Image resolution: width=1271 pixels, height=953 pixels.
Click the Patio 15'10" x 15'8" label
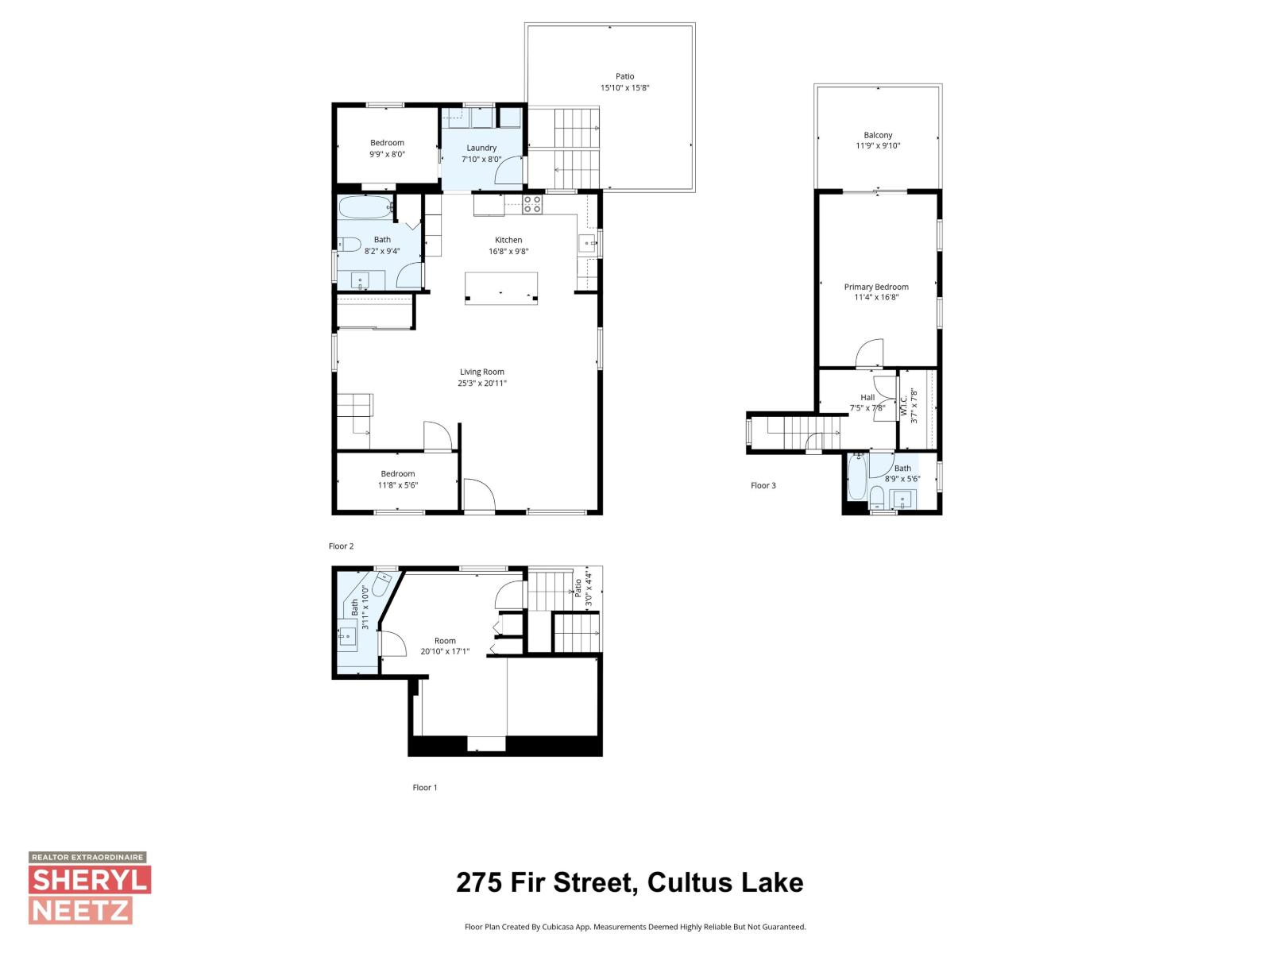click(625, 83)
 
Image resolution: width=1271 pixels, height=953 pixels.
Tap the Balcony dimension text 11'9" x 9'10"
click(878, 146)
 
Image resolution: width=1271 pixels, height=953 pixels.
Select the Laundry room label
click(481, 148)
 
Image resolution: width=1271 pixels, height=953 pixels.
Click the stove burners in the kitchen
click(532, 204)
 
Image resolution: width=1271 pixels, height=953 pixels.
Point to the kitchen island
click(501, 287)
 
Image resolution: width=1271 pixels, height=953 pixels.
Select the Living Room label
click(482, 372)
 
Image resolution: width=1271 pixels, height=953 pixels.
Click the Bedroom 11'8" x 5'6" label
click(397, 479)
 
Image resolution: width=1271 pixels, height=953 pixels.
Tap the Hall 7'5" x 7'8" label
click(867, 403)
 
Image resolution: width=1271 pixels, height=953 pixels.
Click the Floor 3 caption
click(763, 485)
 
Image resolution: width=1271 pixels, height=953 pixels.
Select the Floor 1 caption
click(424, 788)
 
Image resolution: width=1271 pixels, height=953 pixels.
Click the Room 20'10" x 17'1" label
click(445, 646)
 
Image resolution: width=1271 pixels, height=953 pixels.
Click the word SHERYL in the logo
click(90, 880)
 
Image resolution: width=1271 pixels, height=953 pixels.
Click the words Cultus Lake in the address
click(725, 883)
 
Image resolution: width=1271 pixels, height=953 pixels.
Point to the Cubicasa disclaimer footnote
click(635, 927)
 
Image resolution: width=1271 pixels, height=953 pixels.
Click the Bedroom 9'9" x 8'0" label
click(387, 149)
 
